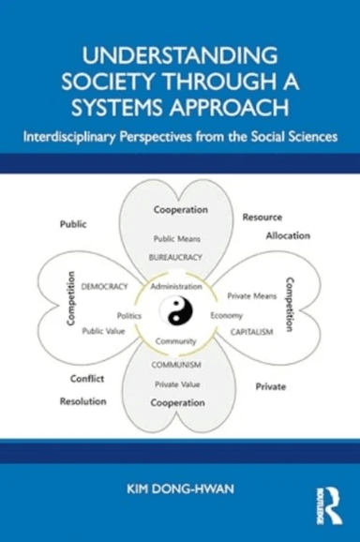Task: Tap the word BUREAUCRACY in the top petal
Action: click(x=179, y=255)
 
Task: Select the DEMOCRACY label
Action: click(x=105, y=285)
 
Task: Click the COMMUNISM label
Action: click(x=179, y=367)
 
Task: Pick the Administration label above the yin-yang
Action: click(x=179, y=285)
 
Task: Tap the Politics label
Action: click(x=129, y=316)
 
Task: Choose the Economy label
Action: click(x=227, y=315)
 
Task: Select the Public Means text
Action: click(x=179, y=238)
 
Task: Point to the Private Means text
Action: click(x=251, y=295)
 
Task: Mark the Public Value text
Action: click(x=105, y=330)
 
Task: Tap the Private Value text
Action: click(x=179, y=384)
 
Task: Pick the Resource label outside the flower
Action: click(x=262, y=217)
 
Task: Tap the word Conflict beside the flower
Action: click(x=86, y=379)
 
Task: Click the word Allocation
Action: click(x=287, y=235)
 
